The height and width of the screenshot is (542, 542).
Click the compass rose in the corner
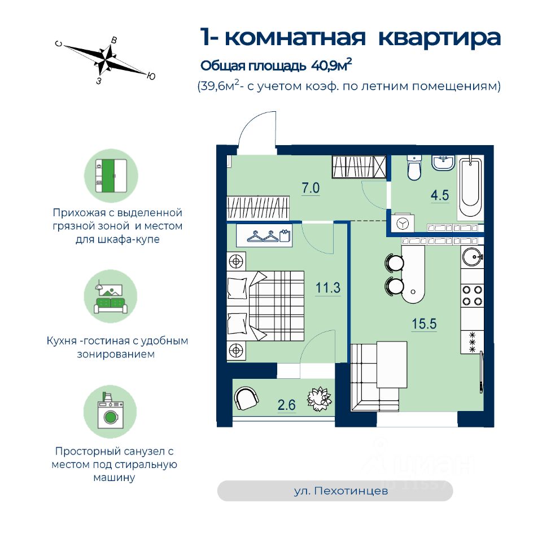(106, 59)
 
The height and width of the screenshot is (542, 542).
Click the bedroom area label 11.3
(327, 288)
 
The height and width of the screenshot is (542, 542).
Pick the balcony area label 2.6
(287, 404)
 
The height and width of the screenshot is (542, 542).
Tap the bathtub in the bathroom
(470, 187)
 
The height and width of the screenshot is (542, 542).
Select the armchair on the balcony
(247, 397)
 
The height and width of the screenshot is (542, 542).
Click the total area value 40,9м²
(331, 65)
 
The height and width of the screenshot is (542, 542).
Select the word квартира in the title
(439, 37)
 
